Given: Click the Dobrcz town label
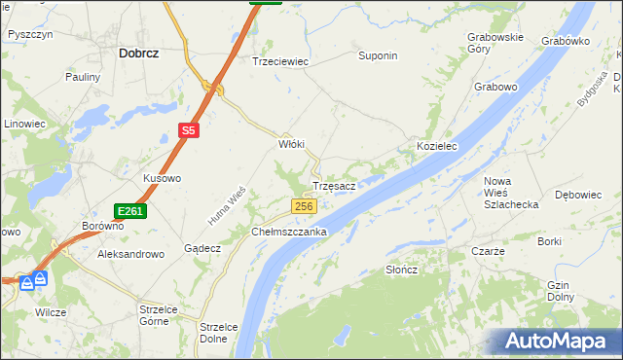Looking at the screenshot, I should click(138, 54).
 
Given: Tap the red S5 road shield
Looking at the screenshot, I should click(189, 129).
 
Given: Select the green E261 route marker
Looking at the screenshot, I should click(129, 211).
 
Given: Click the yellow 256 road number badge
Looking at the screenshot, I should click(305, 206).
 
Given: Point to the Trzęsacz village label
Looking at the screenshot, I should click(339, 185).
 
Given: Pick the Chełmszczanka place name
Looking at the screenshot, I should click(289, 233).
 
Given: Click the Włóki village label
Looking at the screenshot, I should click(292, 144).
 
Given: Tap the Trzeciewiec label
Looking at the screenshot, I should click(280, 60).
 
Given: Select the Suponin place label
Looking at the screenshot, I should click(378, 55).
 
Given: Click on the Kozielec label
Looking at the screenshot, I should click(437, 145).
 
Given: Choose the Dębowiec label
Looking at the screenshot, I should click(577, 195).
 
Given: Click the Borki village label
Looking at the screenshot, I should click(550, 240).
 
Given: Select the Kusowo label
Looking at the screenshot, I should click(163, 179).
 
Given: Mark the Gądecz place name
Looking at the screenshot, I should click(202, 248).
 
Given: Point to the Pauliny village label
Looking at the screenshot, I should click(83, 76).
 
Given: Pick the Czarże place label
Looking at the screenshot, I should click(488, 250).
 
